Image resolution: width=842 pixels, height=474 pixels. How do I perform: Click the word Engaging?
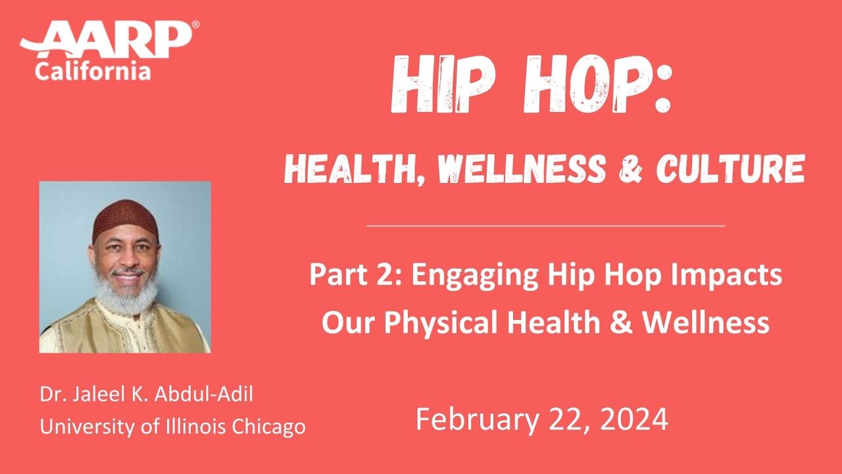pyautogui.click(x=464, y=275)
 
